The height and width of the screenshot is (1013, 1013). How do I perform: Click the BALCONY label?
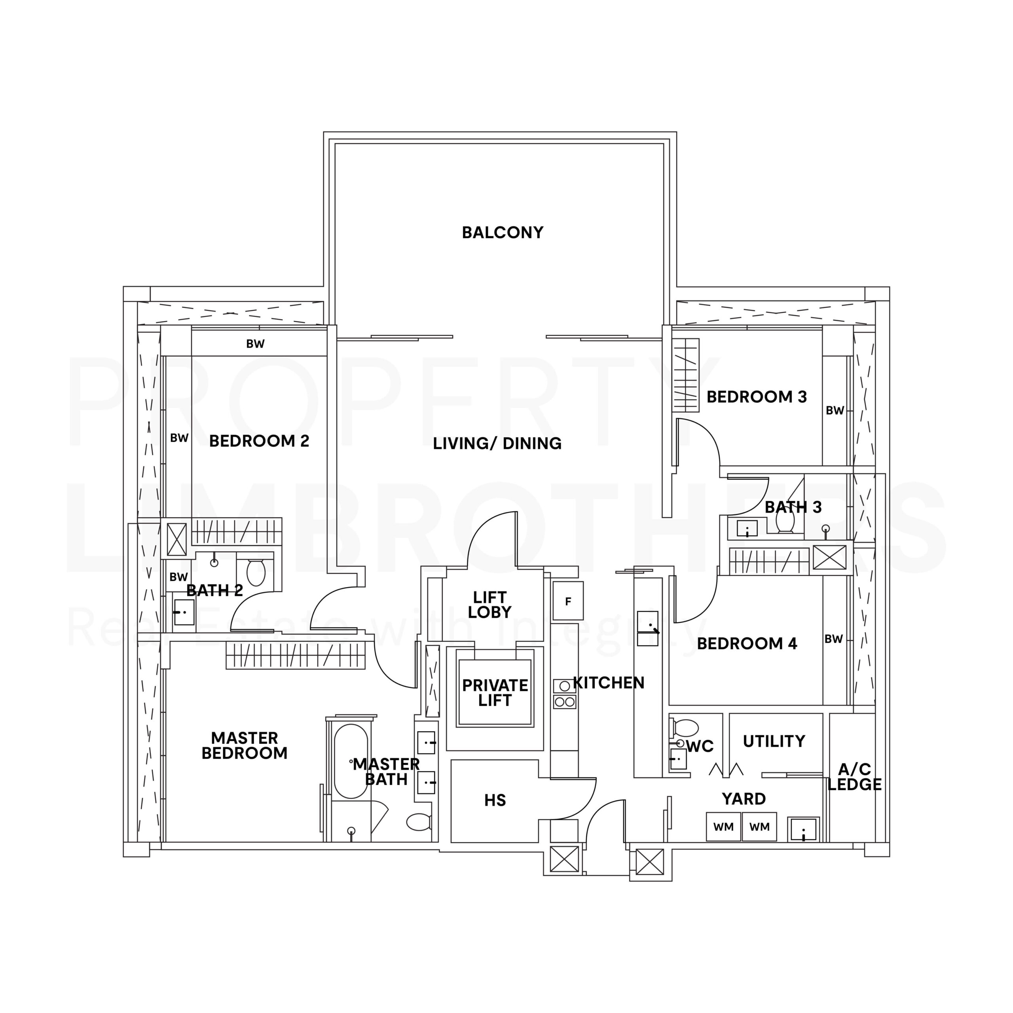click(502, 233)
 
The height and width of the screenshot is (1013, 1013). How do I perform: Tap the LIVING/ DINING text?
click(497, 444)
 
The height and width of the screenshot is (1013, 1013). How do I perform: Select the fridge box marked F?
click(568, 601)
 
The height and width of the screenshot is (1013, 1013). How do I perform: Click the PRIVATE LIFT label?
click(495, 692)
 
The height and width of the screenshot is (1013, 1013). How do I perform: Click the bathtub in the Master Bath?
click(351, 761)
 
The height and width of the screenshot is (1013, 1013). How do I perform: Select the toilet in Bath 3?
click(785, 521)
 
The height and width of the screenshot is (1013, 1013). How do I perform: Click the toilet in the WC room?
click(686, 728)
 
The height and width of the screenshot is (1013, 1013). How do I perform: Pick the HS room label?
click(495, 800)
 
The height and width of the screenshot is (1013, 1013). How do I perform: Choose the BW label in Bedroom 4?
click(834, 639)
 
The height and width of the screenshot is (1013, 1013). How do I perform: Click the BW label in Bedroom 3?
click(835, 411)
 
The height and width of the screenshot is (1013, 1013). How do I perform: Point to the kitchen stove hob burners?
click(564, 694)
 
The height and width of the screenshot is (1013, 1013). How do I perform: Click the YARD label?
click(744, 799)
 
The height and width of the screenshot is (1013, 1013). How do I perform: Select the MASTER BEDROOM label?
click(244, 746)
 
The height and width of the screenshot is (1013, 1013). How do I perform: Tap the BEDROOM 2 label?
click(259, 441)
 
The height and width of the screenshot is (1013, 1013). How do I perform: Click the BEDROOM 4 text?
click(747, 643)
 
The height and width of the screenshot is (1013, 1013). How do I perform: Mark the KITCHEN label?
click(608, 683)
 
